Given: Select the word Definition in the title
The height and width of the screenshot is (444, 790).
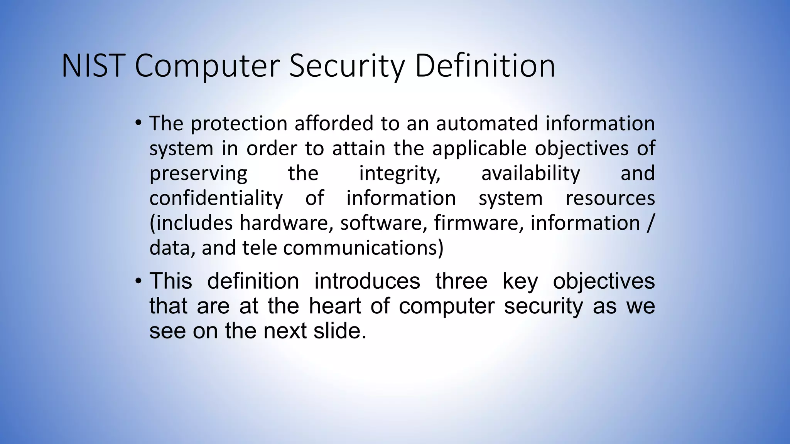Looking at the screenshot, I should tap(485, 66).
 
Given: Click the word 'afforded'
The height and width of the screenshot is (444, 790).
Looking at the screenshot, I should tap(334, 124).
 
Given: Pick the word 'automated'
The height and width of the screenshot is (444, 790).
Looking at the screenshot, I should tap(487, 124).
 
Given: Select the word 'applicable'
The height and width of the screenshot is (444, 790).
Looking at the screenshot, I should tap(479, 149).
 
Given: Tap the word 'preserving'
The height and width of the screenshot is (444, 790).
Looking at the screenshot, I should tap(198, 173).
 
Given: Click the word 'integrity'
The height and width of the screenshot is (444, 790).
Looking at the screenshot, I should tap(400, 173).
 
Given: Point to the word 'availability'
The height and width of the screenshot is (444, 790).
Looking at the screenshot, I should tap(530, 173).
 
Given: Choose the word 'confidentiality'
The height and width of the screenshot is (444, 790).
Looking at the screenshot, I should tap(216, 198).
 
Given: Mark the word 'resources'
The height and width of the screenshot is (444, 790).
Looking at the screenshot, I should tap(610, 198).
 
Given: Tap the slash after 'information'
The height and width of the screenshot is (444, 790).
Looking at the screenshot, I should tap(650, 223).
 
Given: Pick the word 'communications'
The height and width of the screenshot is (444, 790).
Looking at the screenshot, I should tap(363, 248).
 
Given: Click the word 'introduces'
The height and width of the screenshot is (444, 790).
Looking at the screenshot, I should tap(367, 281).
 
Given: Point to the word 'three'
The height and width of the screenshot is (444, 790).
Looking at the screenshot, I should tap(461, 281).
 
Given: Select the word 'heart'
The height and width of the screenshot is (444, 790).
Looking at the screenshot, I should tap(335, 306).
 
